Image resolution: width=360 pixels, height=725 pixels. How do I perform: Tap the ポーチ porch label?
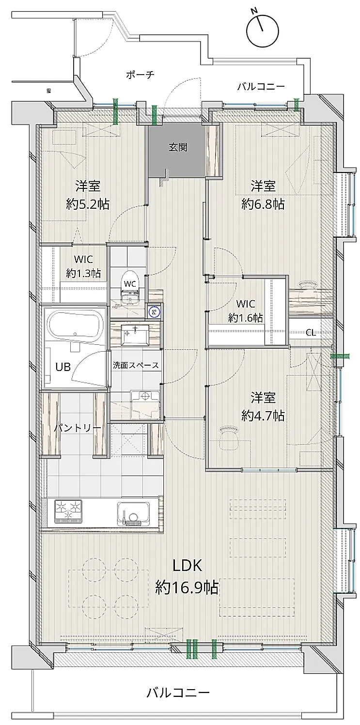coord(140,75)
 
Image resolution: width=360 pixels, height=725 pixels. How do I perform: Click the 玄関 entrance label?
coord(177,148)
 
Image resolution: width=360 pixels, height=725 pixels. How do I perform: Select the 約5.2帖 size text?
coord(87,204)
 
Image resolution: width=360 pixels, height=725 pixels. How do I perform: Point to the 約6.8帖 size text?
coord(263,204)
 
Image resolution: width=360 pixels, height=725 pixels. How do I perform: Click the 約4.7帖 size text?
coord(263,415)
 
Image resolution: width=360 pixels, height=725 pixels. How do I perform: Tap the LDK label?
coord(187,565)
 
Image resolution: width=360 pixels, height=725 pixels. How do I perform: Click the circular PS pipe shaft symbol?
coord(154,312)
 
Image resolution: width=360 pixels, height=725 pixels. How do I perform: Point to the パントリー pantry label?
coord(78,428)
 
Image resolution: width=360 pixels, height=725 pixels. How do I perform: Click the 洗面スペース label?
coord(136,365)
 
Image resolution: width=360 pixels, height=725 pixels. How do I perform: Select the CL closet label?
coord(312,332)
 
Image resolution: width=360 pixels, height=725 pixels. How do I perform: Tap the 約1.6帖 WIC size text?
coord(246,318)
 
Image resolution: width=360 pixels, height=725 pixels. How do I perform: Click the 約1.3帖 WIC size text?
coord(83,274)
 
